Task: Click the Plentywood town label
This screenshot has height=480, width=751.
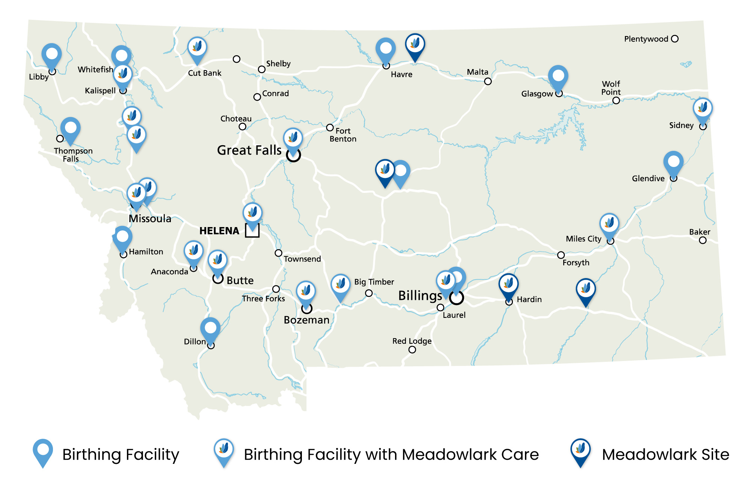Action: (x=646, y=39)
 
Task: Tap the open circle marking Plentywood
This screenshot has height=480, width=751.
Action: (x=675, y=39)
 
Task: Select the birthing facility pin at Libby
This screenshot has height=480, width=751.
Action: (x=51, y=56)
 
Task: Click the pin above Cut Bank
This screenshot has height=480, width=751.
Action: (x=197, y=48)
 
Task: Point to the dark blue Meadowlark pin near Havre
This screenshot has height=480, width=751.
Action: (x=415, y=45)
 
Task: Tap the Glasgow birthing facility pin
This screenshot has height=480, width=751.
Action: (x=558, y=77)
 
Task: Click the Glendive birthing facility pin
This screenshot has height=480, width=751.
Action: (x=673, y=163)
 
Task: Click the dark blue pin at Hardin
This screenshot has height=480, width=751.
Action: (x=508, y=285)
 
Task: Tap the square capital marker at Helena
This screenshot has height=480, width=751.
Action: (x=252, y=230)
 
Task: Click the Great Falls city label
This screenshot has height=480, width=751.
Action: (x=249, y=150)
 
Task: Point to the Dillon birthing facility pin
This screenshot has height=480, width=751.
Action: (x=210, y=329)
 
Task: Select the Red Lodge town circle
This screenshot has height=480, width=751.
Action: (x=412, y=350)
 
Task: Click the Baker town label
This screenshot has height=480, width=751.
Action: (x=700, y=232)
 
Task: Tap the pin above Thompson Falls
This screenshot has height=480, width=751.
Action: (x=70, y=129)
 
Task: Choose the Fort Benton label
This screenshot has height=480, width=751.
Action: (x=343, y=135)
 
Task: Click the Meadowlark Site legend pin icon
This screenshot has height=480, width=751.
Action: (x=580, y=451)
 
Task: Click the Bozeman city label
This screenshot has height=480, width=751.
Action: (x=306, y=320)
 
